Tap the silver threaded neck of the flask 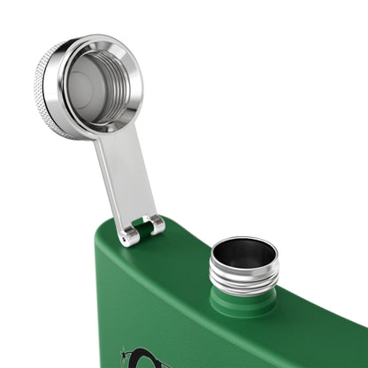(x=243, y=282)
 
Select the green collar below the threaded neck (x=242, y=302)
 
